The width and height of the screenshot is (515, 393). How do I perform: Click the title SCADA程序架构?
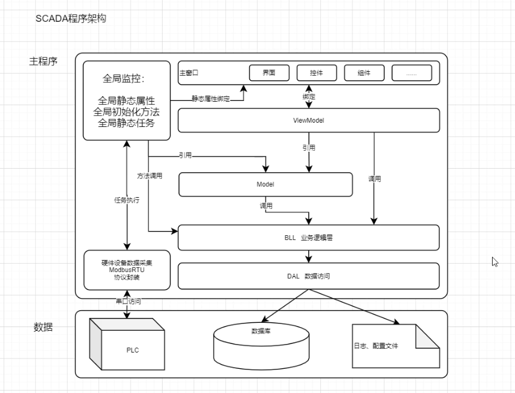coord(71,19)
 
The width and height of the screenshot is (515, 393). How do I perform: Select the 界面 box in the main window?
coord(269,73)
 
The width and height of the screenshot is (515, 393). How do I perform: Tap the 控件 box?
coord(316,73)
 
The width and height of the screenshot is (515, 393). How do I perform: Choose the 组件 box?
coord(364,73)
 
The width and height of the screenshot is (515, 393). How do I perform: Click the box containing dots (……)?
coord(412,73)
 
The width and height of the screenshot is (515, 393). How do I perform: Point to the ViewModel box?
coord(308,120)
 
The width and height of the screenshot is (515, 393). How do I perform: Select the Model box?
coord(265,184)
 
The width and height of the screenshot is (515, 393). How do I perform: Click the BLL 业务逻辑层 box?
coord(308,238)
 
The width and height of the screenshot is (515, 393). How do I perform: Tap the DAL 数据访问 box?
coord(308,276)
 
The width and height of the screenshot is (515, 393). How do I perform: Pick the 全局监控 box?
coord(126,100)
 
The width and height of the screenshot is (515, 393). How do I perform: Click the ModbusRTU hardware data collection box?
coord(127,270)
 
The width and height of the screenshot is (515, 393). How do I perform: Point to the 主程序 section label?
coord(44,61)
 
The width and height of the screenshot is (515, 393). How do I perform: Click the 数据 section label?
coord(43,327)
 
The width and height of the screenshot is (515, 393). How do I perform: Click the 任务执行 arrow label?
coord(127,200)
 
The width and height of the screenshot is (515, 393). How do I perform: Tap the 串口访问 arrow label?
coord(128,301)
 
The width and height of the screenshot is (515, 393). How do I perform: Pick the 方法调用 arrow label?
coord(149,176)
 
